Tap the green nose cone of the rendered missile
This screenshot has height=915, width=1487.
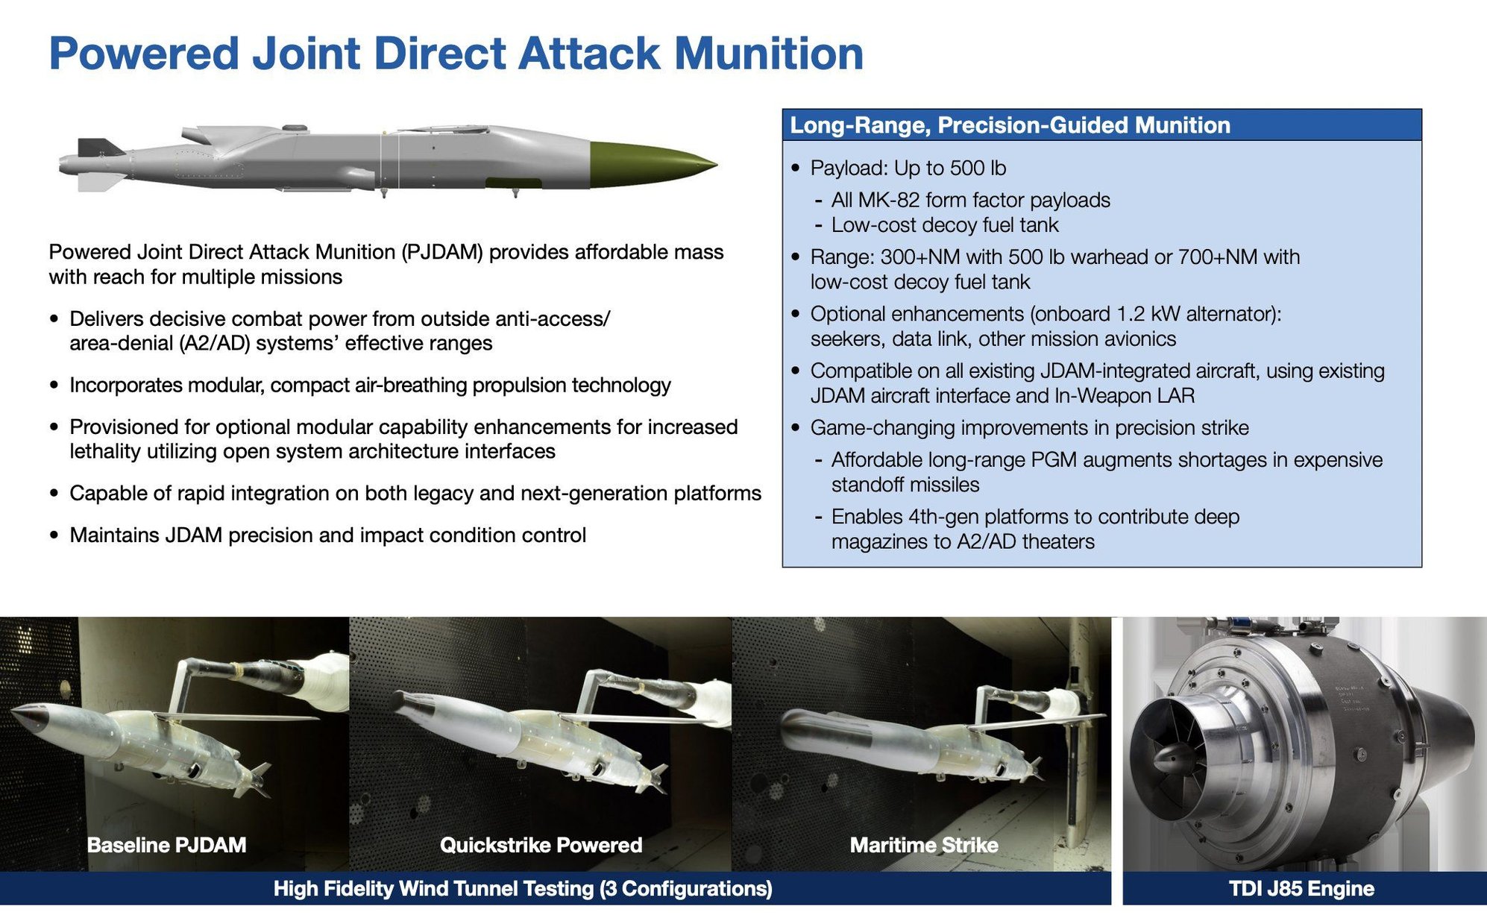(649, 162)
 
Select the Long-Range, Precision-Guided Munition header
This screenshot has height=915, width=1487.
(1010, 125)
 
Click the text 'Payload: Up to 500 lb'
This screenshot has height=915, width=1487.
(908, 169)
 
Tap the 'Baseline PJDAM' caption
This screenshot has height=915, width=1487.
(166, 845)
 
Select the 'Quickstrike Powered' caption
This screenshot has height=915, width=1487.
(541, 845)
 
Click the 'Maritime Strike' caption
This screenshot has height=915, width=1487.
(923, 845)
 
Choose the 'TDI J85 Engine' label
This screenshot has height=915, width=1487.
(1301, 889)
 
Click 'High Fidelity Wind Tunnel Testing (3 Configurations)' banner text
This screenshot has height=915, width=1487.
(522, 889)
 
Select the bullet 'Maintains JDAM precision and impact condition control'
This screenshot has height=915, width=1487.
(327, 535)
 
